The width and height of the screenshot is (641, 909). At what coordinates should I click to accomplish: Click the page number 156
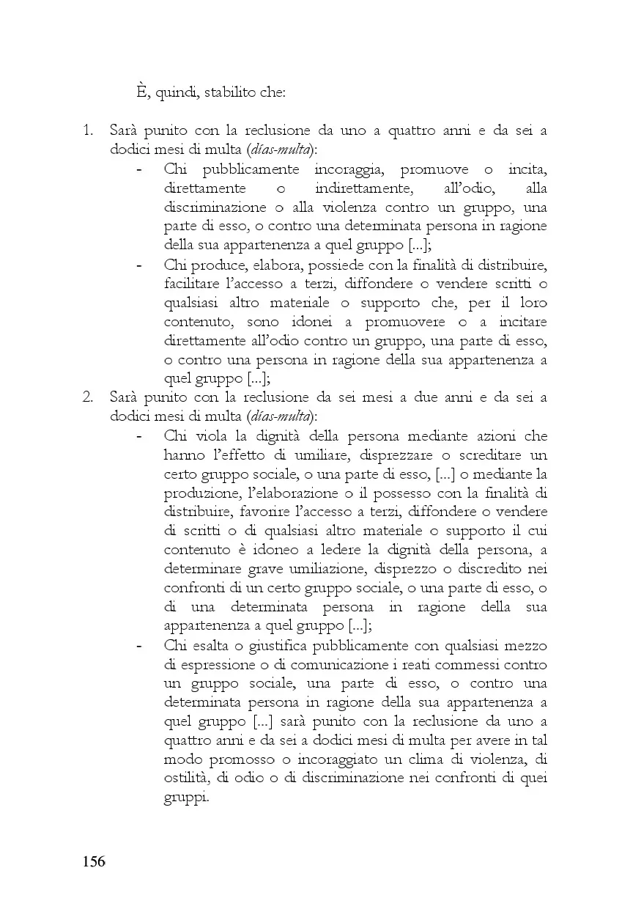tap(93, 861)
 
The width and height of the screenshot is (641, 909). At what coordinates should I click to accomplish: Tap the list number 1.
tap(87, 131)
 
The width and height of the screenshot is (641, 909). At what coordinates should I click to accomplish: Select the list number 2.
tap(87, 398)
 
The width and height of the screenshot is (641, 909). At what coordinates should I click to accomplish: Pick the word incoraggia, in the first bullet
tap(344, 169)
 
